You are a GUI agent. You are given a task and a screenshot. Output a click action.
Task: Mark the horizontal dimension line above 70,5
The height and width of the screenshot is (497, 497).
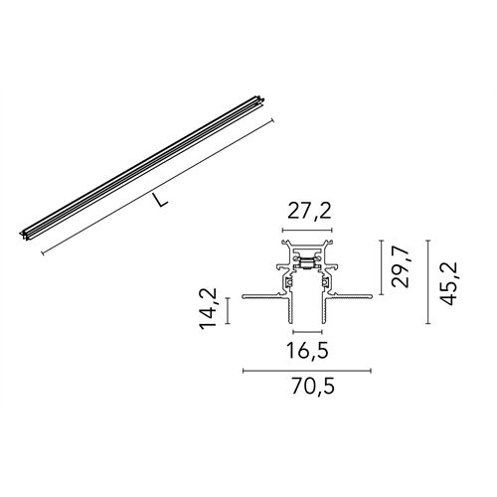307,370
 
